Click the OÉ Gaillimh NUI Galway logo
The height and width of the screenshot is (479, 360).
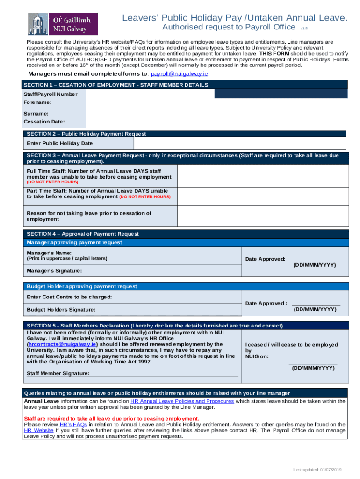click(x=63, y=24)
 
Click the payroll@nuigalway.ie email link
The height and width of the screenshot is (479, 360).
click(x=180, y=74)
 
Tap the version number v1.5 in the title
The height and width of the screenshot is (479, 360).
click(x=304, y=29)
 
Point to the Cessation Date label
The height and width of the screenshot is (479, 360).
click(x=44, y=122)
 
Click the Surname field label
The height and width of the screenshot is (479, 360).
click(x=36, y=114)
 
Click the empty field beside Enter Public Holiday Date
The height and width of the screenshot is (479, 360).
click(x=240, y=143)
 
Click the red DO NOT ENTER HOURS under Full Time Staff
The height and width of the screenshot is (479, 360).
click(x=52, y=182)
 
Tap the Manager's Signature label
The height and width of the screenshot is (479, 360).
click(x=54, y=271)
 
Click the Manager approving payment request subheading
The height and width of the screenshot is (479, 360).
click(x=74, y=243)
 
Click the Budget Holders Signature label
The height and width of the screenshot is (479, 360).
click(x=61, y=310)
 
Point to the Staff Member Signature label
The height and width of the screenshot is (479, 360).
click(x=58, y=373)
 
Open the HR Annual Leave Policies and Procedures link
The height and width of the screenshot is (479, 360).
click(x=182, y=401)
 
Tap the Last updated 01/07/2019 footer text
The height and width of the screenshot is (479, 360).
click(x=317, y=470)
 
